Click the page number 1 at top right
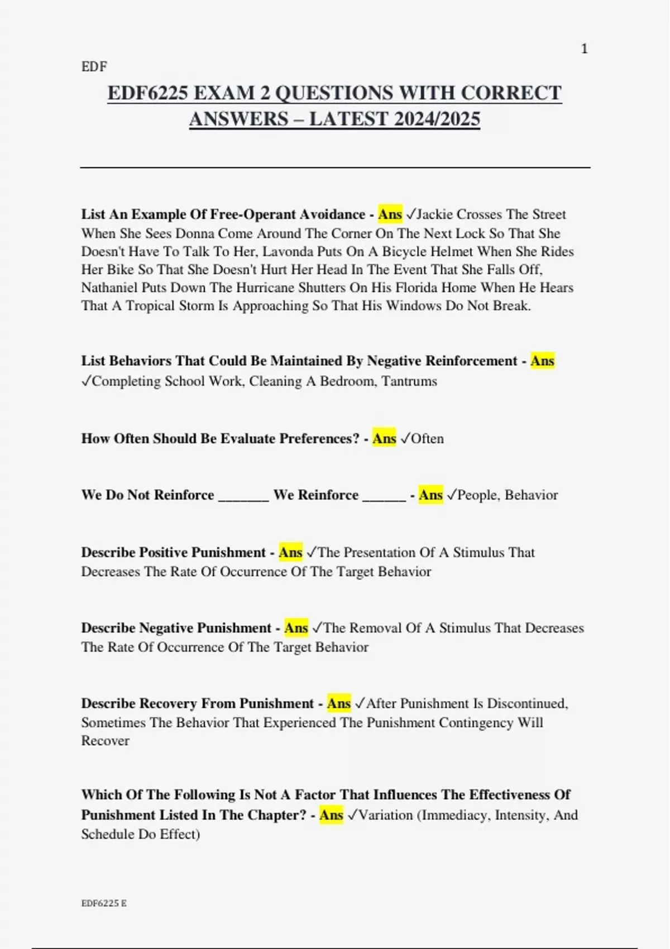(584, 49)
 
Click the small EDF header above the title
(94, 67)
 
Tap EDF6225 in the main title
(147, 93)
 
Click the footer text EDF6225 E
(104, 903)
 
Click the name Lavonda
(287, 252)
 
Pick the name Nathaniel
(109, 288)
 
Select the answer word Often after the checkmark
(427, 439)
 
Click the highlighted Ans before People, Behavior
(430, 495)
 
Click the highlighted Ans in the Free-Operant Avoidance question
(390, 214)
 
